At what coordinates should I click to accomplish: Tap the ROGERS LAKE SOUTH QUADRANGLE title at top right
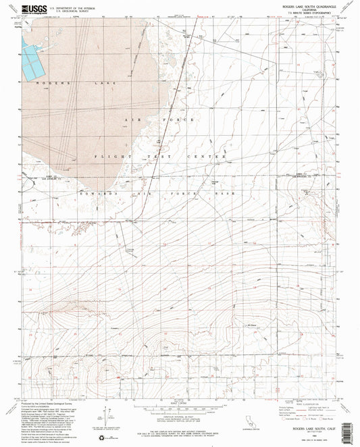[292, 7]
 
